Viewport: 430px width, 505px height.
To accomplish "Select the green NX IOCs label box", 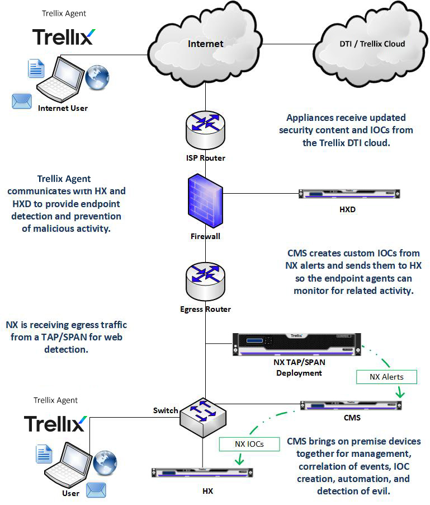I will tap(249, 444).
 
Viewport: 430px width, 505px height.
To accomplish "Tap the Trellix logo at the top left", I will tap(63, 36).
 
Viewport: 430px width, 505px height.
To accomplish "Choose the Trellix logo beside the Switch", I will tap(54, 423).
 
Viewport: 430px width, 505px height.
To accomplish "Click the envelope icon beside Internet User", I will tap(22, 101).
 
